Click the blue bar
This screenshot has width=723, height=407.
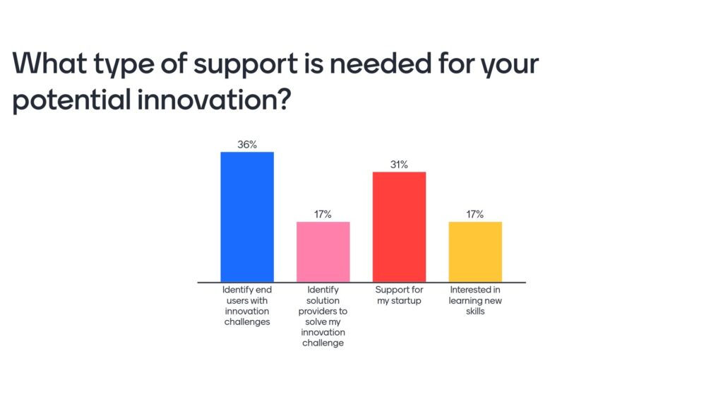(247, 217)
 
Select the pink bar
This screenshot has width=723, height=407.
(323, 252)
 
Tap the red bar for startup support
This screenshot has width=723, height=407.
(400, 227)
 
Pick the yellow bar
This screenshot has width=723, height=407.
(475, 252)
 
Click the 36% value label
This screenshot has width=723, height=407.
(247, 144)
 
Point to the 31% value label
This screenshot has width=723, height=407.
(400, 164)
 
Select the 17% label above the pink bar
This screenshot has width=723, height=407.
(323, 214)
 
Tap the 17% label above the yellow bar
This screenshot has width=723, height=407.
(475, 214)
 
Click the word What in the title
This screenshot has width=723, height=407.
(49, 63)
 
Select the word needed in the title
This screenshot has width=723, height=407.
(381, 63)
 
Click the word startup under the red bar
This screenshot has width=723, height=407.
(406, 301)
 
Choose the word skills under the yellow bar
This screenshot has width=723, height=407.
(475, 311)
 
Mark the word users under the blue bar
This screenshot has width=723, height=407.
(237, 300)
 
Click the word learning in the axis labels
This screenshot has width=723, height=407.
(465, 301)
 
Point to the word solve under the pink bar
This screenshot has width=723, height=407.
(316, 322)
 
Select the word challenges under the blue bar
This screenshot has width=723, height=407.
(247, 322)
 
